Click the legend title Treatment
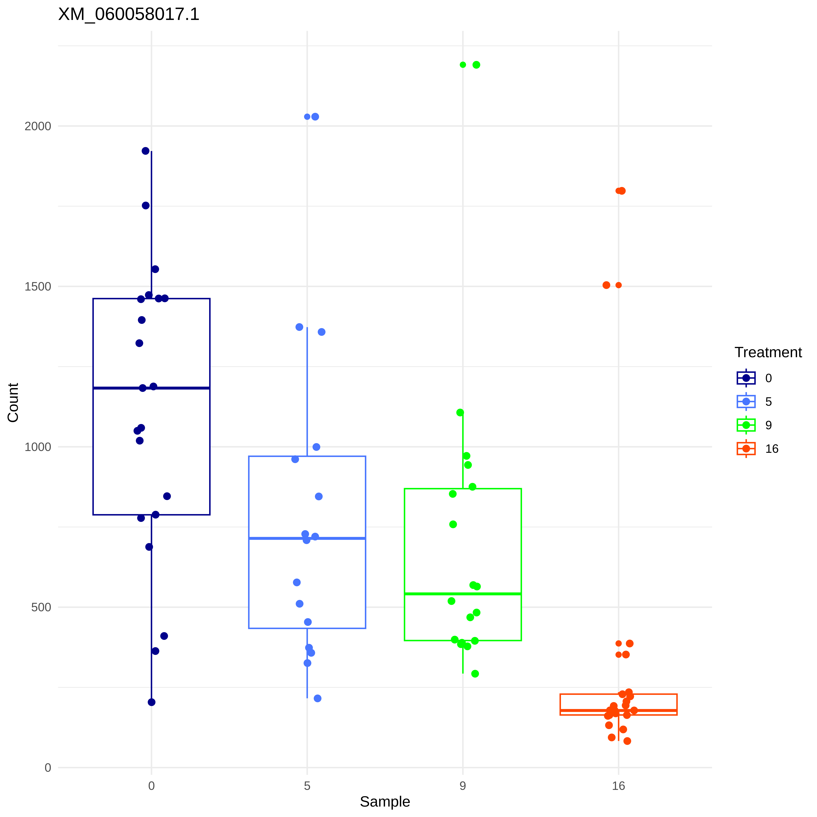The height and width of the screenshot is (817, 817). (x=768, y=352)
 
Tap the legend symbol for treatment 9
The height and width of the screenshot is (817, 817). (x=746, y=425)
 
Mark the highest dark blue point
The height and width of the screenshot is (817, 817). (x=145, y=151)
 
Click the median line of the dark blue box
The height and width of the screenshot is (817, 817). (x=151, y=388)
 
